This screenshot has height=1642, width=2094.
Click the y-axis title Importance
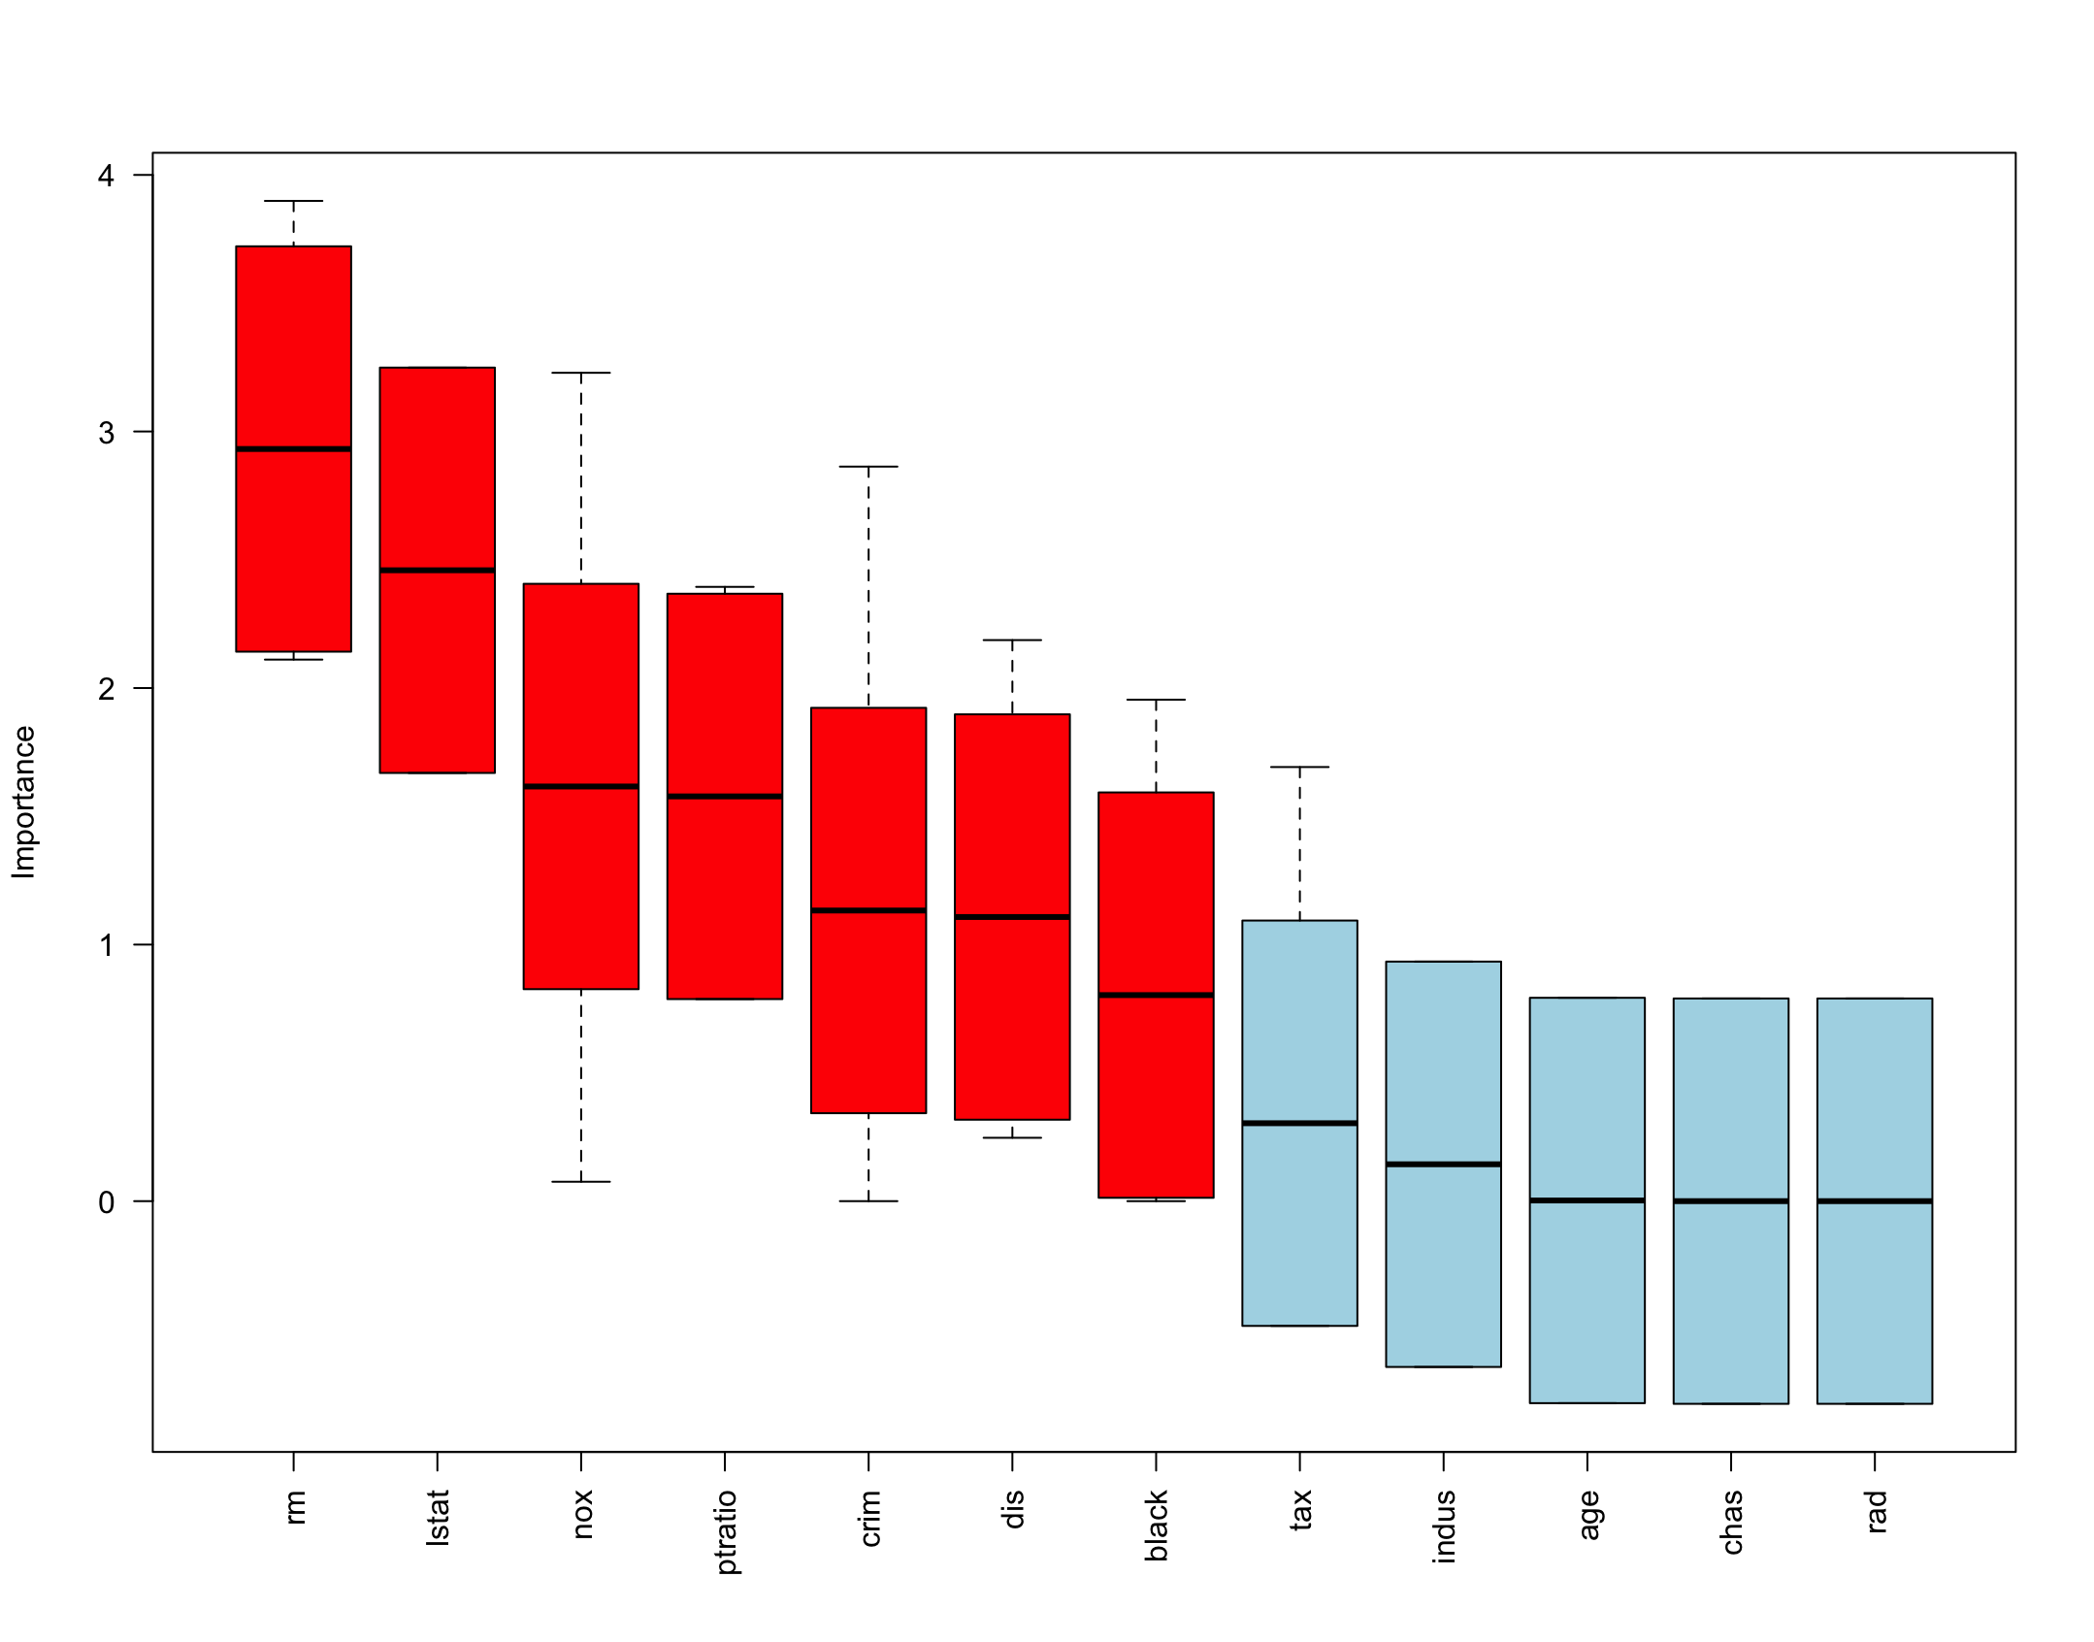[x=23, y=802]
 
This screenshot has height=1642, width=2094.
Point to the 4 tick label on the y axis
[x=106, y=176]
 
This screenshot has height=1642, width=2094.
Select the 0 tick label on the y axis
[x=106, y=1202]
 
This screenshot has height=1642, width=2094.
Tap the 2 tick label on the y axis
[x=106, y=689]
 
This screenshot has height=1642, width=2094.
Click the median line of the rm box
[x=293, y=449]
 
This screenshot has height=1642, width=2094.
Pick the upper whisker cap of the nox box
[x=580, y=373]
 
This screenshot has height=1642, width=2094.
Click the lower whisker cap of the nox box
[x=580, y=1182]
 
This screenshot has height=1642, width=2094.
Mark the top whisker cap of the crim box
[x=867, y=467]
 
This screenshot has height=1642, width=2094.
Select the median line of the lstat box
[x=437, y=571]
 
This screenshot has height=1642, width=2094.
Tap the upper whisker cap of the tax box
[x=1299, y=767]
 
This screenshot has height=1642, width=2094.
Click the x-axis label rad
[x=1876, y=1512]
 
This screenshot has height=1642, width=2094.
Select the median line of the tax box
[x=1299, y=1123]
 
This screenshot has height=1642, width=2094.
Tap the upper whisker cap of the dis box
[x=1012, y=640]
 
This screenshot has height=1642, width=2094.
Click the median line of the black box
[x=1156, y=995]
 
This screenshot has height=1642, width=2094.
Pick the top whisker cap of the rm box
[x=293, y=201]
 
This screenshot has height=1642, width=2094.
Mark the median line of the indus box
[x=1443, y=1164]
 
